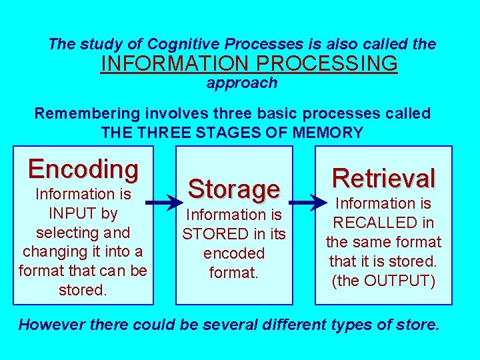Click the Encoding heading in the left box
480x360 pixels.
click(x=83, y=169)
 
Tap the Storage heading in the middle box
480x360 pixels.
click(x=233, y=189)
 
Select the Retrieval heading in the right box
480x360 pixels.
click(x=383, y=178)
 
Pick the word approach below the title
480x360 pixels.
click(x=241, y=83)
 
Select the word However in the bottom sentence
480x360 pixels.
click(x=51, y=325)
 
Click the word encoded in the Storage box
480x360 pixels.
click(x=233, y=253)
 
